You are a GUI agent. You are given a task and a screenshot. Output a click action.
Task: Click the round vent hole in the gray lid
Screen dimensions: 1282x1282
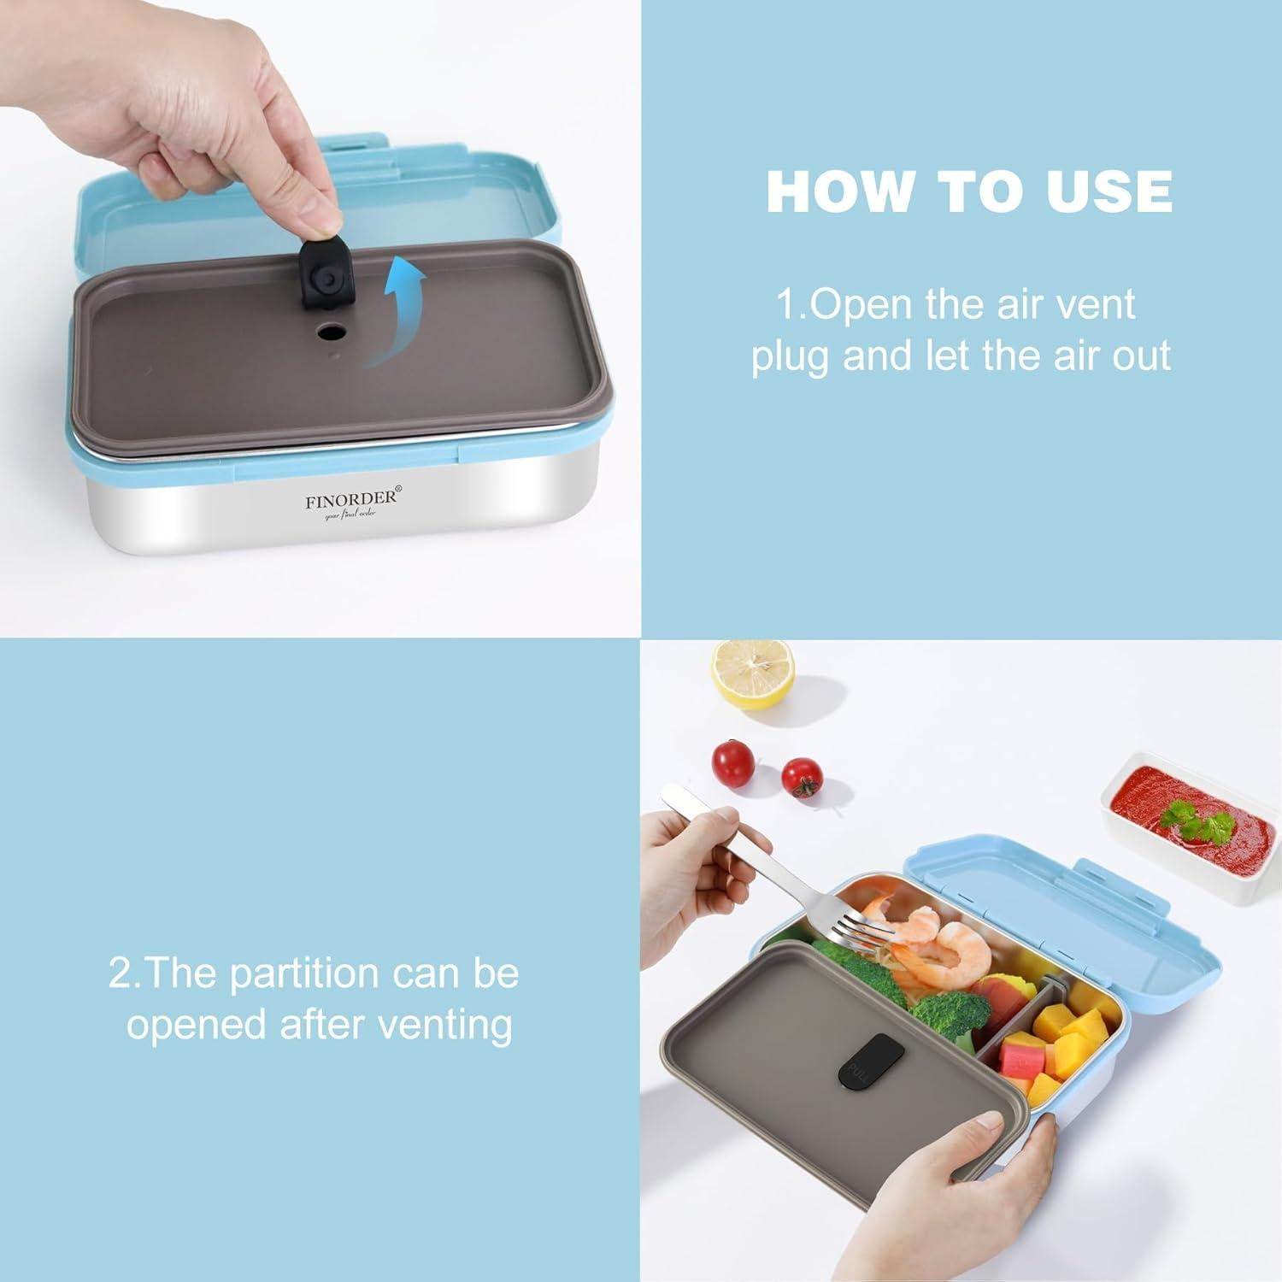332,331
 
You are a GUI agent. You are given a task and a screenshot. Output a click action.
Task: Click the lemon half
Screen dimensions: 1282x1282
753,675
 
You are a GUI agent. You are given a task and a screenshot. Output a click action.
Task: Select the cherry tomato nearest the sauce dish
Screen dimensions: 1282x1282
802,777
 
